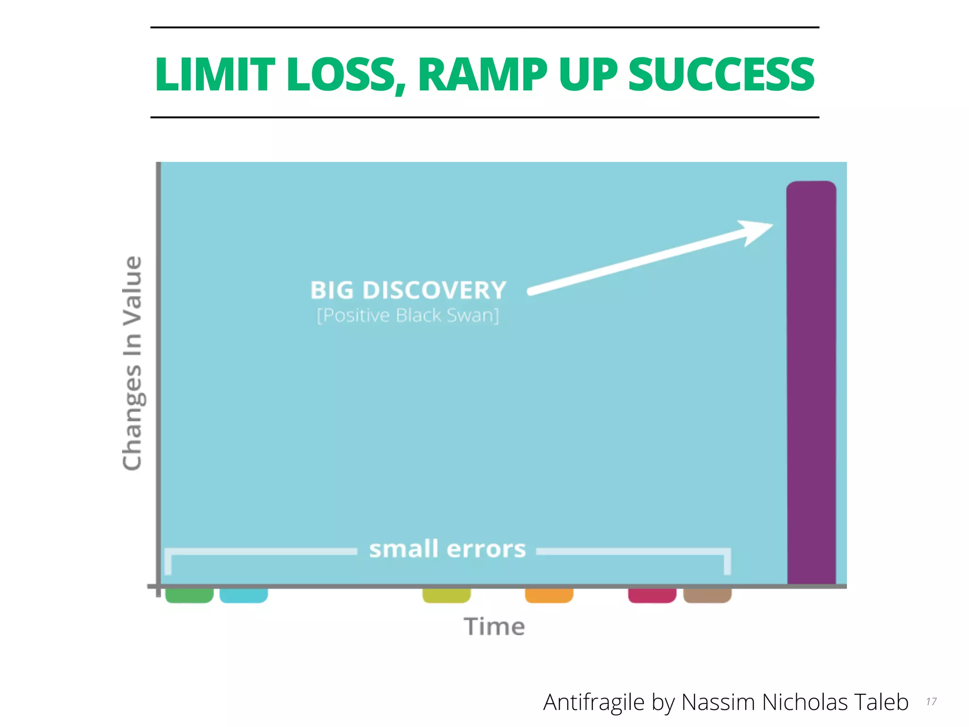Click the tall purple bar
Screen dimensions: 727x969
pyautogui.click(x=811, y=383)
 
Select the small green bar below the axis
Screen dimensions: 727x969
pyautogui.click(x=189, y=595)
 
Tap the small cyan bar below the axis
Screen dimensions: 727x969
pyautogui.click(x=244, y=595)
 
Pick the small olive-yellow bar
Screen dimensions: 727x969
pyautogui.click(x=446, y=595)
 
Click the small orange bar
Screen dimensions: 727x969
pyautogui.click(x=549, y=595)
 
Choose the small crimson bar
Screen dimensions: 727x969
pyautogui.click(x=652, y=595)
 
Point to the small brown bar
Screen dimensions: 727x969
pyautogui.click(x=707, y=595)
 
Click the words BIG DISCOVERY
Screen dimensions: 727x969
pyautogui.click(x=408, y=290)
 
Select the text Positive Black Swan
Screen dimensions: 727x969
pyautogui.click(x=408, y=315)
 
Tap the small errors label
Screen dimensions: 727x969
pyautogui.click(x=447, y=549)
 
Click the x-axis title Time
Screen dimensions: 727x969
pyautogui.click(x=494, y=627)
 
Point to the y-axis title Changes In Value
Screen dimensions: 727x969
pyautogui.click(x=132, y=363)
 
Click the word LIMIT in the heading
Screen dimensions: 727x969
pyautogui.click(x=215, y=74)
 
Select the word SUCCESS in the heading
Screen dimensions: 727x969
pyautogui.click(x=721, y=74)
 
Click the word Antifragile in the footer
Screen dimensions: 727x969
pyautogui.click(x=593, y=702)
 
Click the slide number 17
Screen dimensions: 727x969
pyautogui.click(x=931, y=701)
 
